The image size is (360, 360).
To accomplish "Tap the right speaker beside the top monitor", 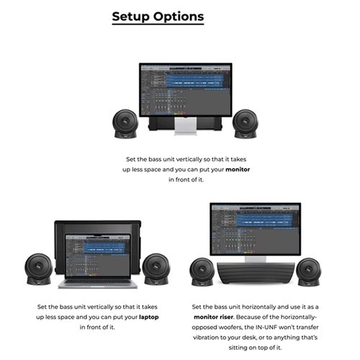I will click(245, 123).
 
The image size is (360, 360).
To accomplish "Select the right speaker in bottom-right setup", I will click(310, 271).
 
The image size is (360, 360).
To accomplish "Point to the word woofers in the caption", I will click(236, 327).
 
